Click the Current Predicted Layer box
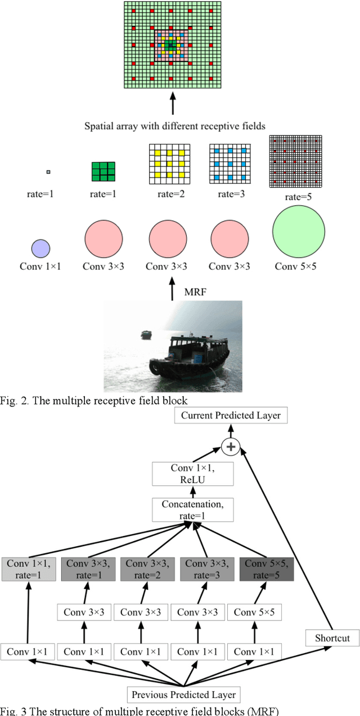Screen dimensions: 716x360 pos(231,416)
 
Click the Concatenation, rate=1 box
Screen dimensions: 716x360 pos(192,510)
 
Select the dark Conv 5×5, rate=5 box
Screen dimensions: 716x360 pos(266,569)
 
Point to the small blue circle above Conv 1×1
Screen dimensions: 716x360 pos(40,247)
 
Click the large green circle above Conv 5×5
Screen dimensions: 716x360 pos(298,232)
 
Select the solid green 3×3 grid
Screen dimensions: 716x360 pos(103,172)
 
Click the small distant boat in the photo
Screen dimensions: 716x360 pos(146,334)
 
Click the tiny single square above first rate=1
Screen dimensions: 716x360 pos(48,171)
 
